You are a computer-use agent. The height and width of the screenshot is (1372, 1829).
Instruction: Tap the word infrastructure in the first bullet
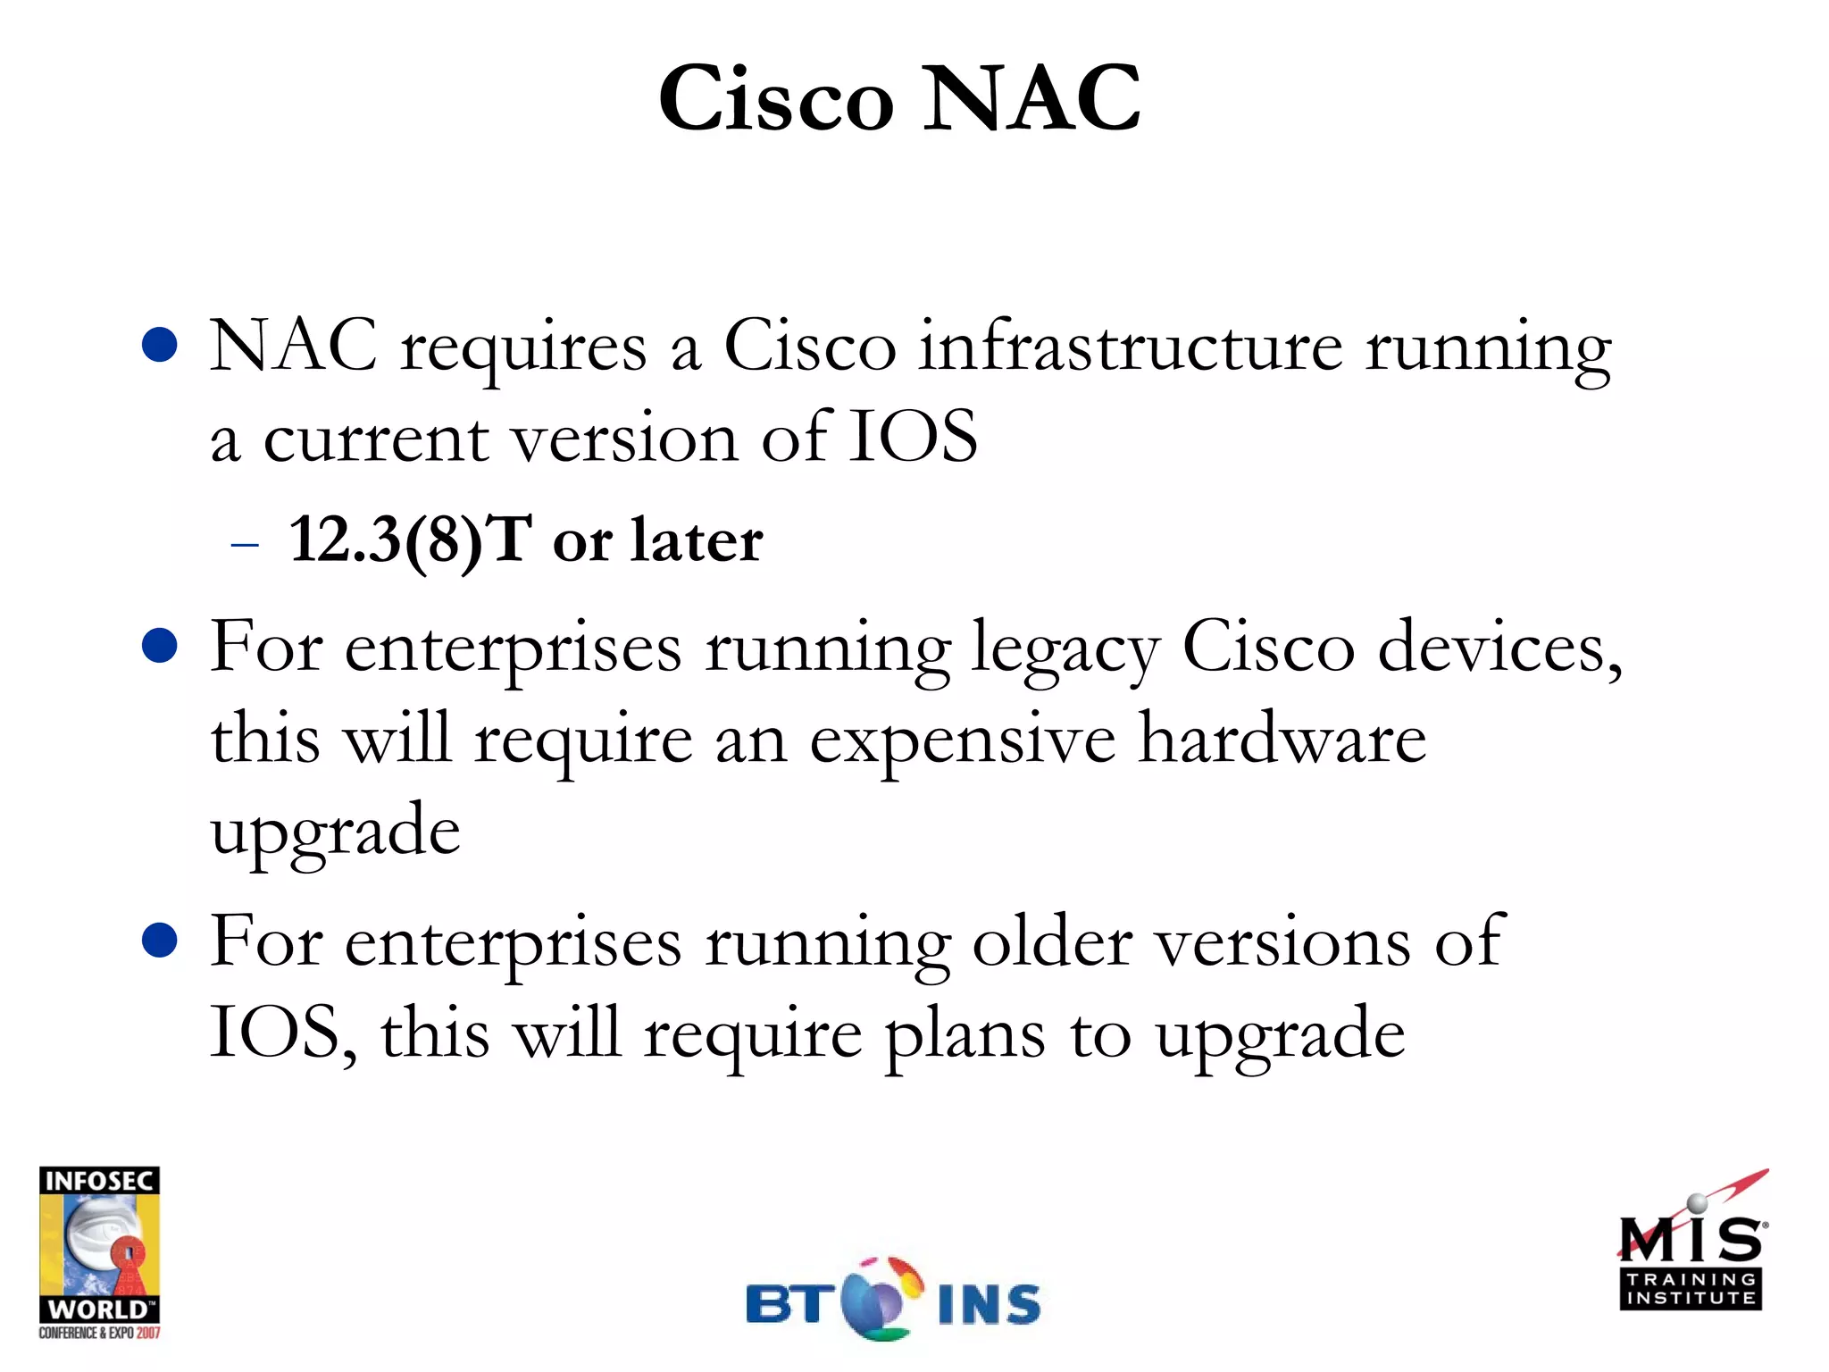coord(1130,347)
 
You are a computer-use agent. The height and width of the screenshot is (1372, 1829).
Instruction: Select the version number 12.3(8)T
coord(411,540)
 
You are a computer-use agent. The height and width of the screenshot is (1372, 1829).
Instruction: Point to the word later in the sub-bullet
coord(697,540)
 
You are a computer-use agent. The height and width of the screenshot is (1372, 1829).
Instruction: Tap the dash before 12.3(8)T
coord(244,543)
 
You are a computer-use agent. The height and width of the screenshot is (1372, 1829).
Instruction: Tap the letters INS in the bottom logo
coord(990,1304)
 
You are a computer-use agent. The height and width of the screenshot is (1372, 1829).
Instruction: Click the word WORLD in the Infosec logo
coord(98,1309)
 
